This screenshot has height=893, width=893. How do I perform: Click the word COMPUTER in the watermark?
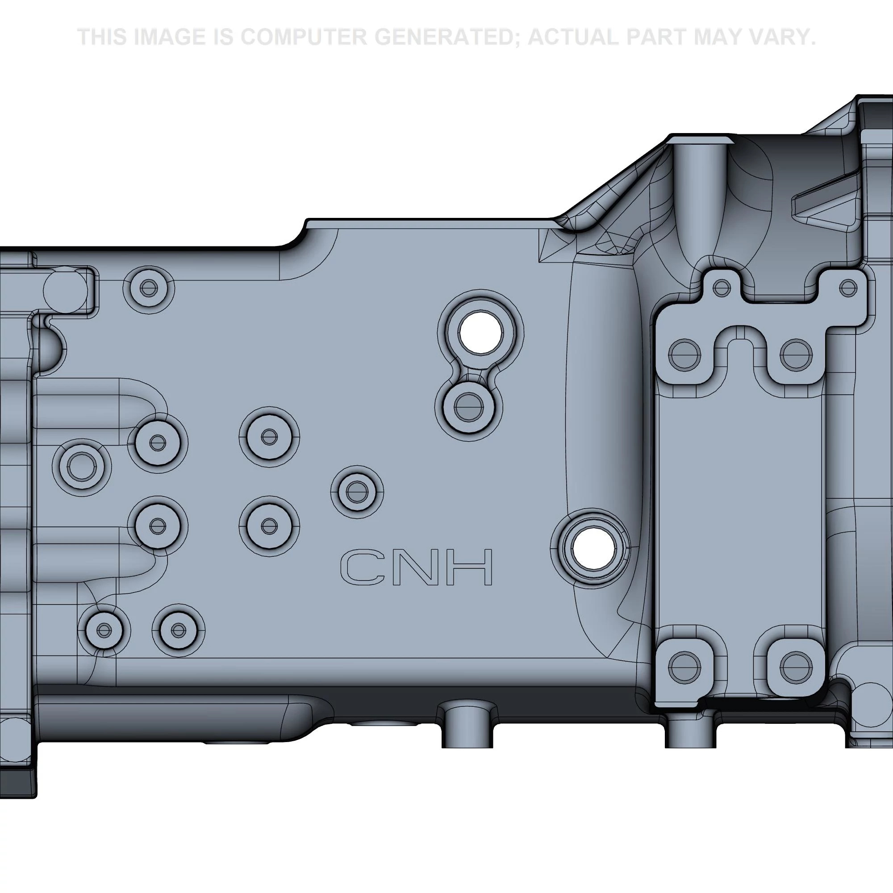pyautogui.click(x=303, y=37)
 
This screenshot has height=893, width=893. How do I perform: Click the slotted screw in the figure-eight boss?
pyautogui.click(x=469, y=407)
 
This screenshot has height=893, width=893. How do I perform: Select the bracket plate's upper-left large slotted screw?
pyautogui.click(x=684, y=355)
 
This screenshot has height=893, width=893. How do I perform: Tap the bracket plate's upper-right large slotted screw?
pyautogui.click(x=796, y=355)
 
